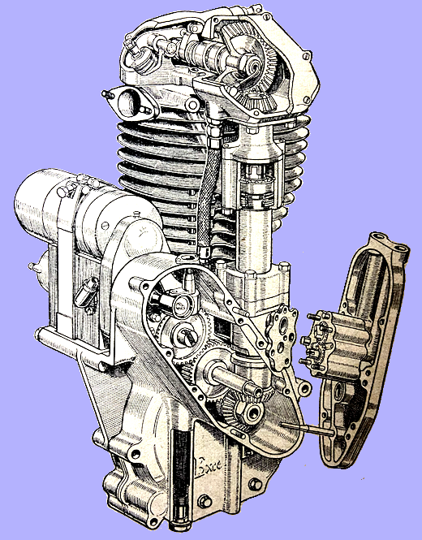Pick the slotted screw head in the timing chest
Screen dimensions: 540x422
pyautogui.click(x=183, y=333)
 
